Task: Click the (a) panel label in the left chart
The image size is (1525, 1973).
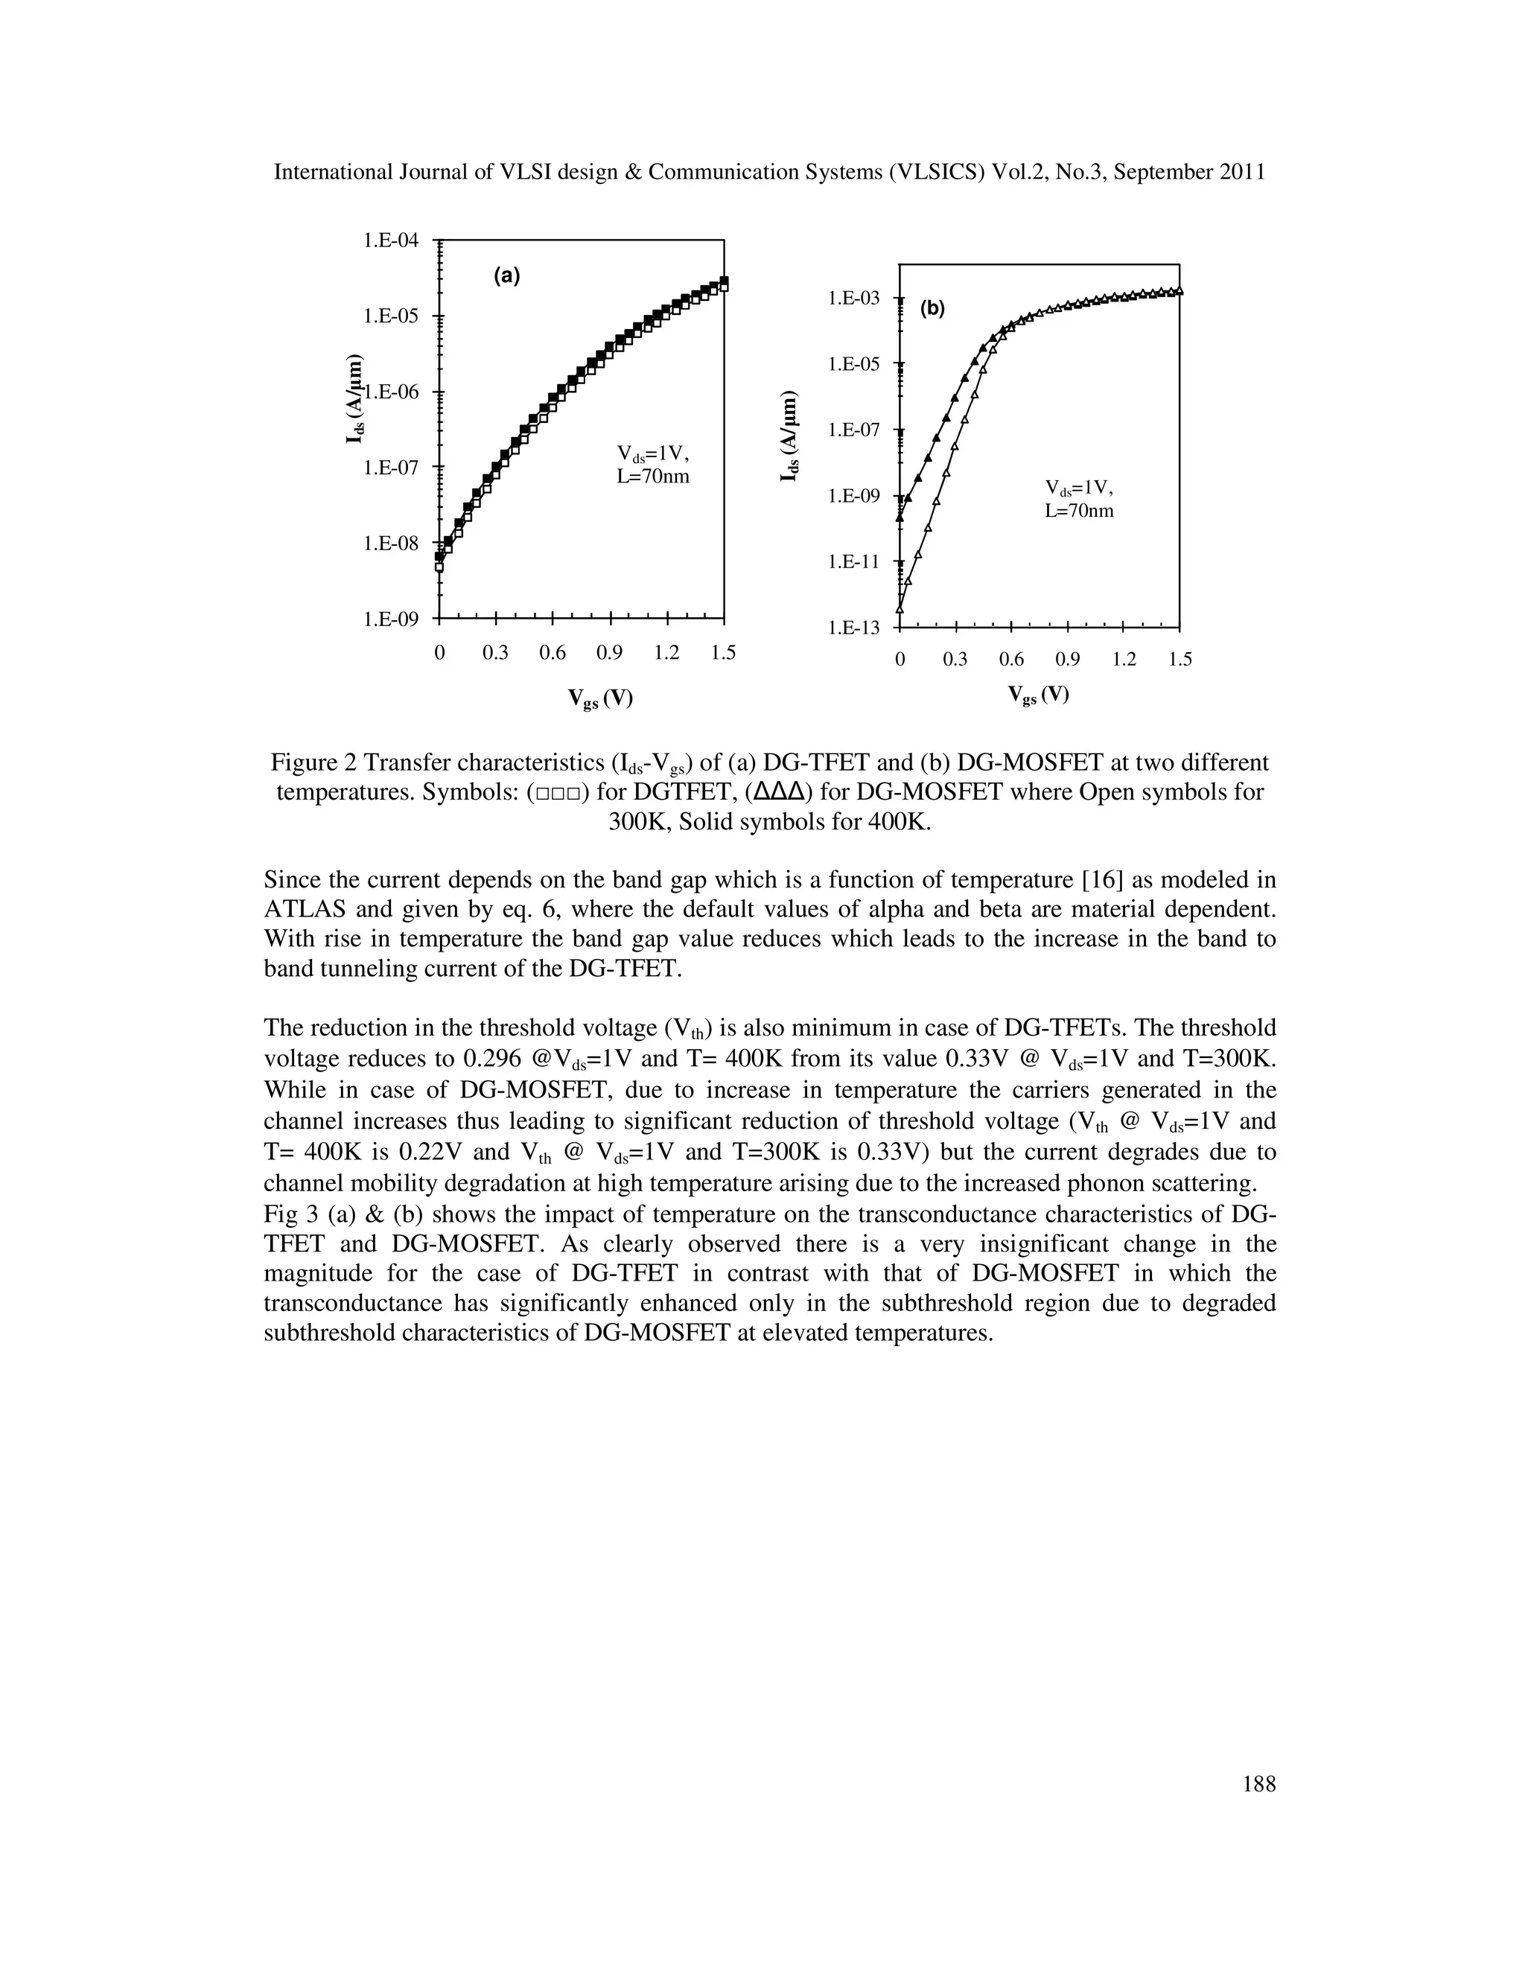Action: coord(506,276)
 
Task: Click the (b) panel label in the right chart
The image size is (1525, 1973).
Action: coord(932,309)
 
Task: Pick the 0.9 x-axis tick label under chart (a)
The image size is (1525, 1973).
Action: coord(610,653)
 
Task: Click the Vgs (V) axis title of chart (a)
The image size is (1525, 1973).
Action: coord(600,698)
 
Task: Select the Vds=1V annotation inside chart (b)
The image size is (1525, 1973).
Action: coord(1079,488)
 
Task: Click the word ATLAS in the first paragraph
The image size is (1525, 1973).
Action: coord(302,910)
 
